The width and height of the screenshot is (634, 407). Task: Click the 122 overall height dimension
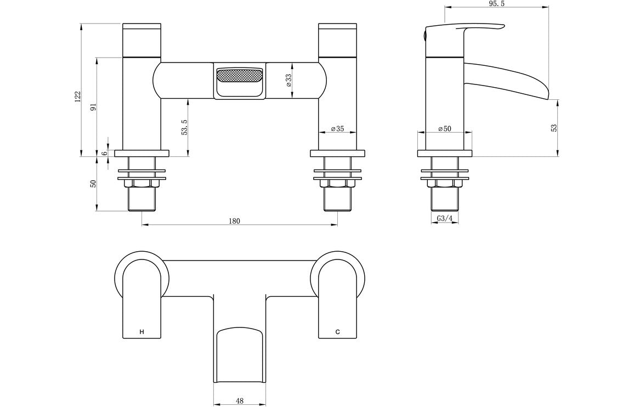pos(78,96)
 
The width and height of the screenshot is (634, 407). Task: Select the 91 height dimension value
pos(93,108)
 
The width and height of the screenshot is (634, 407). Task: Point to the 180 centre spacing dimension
pos(234,221)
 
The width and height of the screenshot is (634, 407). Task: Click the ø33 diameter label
pos(288,81)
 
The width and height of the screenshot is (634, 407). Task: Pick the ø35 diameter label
pos(337,129)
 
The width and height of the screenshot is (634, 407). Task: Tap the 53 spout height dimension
pos(554,127)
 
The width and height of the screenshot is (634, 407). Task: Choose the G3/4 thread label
pos(445,218)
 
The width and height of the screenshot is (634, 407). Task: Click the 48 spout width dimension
pos(239,400)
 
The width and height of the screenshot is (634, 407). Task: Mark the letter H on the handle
pos(142,332)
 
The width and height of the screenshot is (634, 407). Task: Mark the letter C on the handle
pos(338,332)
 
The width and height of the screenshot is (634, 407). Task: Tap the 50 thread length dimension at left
pos(93,184)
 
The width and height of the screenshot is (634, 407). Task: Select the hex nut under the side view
pos(445,183)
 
